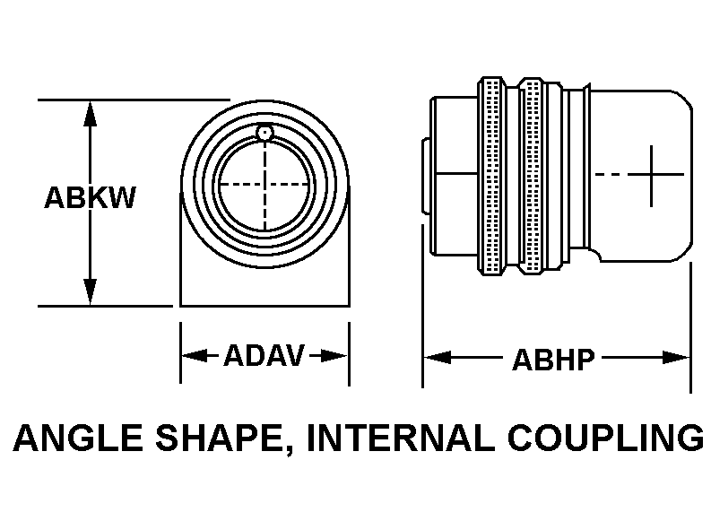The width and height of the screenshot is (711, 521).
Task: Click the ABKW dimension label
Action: click(90, 198)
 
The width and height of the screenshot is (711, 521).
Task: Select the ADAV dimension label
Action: click(264, 356)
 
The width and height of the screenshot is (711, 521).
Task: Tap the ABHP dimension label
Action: click(553, 360)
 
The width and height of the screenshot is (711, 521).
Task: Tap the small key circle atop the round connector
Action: click(264, 135)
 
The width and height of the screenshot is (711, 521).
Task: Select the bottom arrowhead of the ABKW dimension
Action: click(90, 293)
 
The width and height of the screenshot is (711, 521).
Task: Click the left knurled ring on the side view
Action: click(490, 175)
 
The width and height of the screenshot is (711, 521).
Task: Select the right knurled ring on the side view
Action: click(534, 175)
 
